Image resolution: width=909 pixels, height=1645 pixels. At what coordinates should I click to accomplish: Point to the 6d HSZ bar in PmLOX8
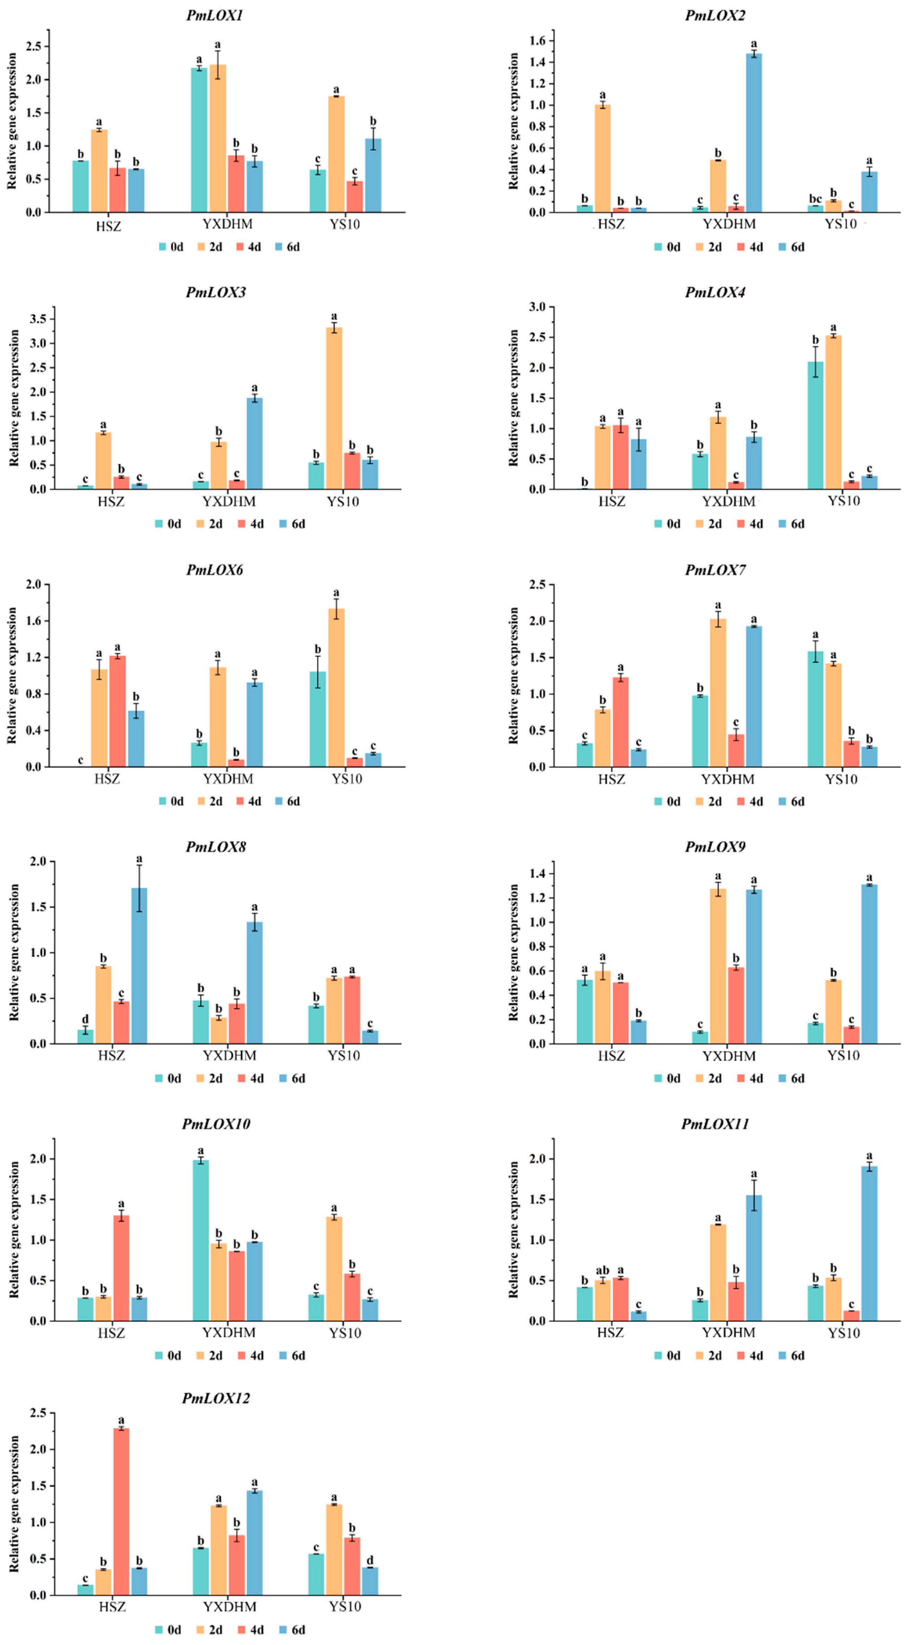click(x=139, y=966)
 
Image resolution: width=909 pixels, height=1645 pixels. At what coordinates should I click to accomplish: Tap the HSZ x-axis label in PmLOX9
click(x=611, y=1056)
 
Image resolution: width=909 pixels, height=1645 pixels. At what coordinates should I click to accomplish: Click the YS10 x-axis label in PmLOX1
click(x=345, y=224)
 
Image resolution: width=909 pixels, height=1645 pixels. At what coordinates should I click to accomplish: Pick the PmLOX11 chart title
click(x=715, y=1124)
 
